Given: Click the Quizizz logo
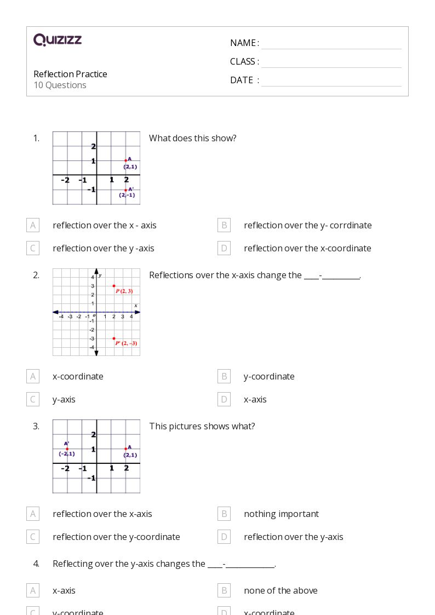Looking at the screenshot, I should click(58, 40).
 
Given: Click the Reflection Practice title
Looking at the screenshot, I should click(70, 74).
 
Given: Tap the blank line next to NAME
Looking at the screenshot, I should click(331, 44).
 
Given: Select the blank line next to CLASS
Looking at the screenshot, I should click(331, 62).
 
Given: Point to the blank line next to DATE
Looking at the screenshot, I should click(331, 81).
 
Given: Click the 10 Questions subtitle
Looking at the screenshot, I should click(60, 85).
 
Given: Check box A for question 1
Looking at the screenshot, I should click(33, 225).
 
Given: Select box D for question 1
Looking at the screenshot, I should click(224, 248).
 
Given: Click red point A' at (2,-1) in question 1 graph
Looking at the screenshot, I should click(125, 190).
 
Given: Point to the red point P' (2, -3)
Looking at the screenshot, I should click(114, 338).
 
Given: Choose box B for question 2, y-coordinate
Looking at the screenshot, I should click(224, 376).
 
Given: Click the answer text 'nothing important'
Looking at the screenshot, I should click(281, 514).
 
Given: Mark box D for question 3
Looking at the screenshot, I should click(224, 537).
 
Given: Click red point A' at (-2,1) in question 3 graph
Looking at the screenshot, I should click(67, 449).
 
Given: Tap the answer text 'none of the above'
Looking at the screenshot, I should click(281, 590).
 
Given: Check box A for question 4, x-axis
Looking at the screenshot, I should click(33, 590).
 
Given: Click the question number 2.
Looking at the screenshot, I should click(36, 275).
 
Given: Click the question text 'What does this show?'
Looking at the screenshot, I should click(192, 138).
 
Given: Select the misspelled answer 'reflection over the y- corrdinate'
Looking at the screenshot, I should click(307, 225).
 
